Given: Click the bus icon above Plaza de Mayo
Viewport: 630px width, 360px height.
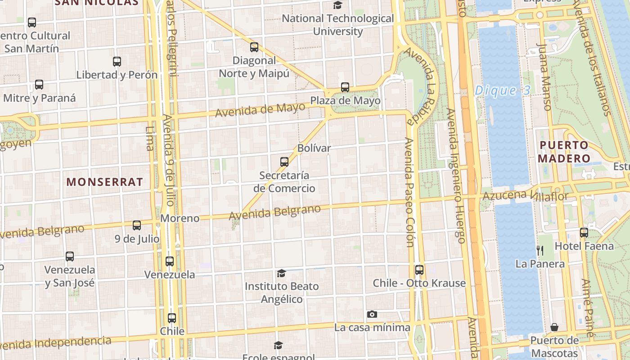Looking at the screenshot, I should point(345,87).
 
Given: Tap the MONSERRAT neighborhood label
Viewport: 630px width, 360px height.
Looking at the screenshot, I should point(104,182).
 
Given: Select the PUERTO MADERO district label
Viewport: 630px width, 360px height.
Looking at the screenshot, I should point(563,152).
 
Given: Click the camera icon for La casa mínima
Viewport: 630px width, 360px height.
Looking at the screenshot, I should point(372,314).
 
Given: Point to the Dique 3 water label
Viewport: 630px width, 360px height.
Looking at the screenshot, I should point(503,90).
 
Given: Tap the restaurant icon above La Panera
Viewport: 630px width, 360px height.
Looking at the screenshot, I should point(540,250).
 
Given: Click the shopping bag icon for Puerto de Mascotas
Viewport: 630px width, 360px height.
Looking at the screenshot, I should point(554,327).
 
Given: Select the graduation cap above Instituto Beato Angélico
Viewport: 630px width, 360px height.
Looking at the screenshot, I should point(281,273).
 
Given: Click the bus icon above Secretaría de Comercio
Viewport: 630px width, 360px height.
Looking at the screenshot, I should point(284,162).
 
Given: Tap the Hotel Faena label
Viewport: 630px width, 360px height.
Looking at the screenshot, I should point(584,246).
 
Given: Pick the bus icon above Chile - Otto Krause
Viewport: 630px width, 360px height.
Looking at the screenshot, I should point(419,270).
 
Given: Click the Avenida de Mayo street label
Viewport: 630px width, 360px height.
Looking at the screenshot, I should point(260,109).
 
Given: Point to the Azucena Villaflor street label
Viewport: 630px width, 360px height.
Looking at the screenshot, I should point(525,196).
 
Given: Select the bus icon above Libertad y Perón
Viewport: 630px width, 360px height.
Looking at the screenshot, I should point(117,62).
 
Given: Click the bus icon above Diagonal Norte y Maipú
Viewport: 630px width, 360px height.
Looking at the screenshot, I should point(254,47).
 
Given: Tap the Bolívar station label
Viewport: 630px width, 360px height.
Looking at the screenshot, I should point(314,148).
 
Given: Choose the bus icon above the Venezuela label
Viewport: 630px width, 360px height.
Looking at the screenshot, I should point(170,261).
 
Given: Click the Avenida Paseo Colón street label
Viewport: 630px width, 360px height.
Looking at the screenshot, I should point(409,193).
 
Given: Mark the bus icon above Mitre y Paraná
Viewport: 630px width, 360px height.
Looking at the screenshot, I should point(39,84).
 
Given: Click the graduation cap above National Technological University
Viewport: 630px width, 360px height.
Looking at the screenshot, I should point(337,5).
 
